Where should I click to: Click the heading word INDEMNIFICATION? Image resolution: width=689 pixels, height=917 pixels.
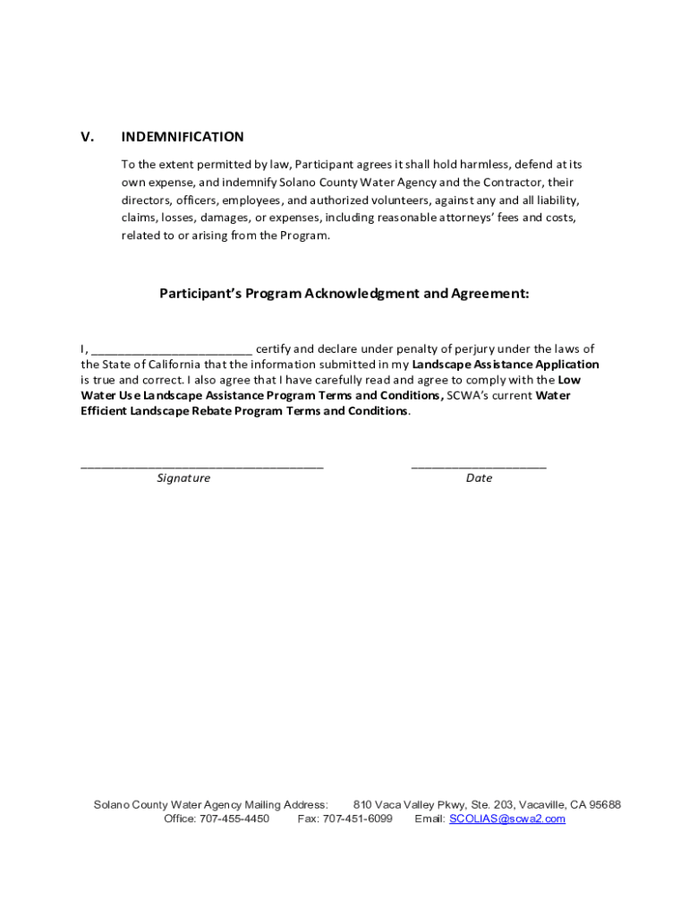(x=183, y=137)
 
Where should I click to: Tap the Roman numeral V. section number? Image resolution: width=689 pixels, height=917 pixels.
(x=88, y=137)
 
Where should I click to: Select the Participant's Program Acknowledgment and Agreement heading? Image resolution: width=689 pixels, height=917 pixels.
(x=344, y=293)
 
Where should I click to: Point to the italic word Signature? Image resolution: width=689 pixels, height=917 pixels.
(x=183, y=478)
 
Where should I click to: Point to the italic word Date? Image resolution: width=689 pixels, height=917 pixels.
(x=479, y=478)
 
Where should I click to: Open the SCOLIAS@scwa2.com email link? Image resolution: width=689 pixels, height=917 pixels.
(x=507, y=818)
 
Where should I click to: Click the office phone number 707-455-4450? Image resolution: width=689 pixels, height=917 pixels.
(x=234, y=818)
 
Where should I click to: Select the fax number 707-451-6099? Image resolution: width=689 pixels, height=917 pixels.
(x=357, y=818)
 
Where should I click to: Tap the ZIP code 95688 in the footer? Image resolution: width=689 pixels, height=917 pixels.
(x=604, y=805)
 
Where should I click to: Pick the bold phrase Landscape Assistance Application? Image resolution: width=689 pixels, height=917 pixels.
(x=506, y=364)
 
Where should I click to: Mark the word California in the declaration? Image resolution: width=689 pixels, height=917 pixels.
(x=164, y=364)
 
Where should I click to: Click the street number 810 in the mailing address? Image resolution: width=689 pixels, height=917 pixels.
(x=363, y=805)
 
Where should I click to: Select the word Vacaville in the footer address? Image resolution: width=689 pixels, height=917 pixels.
(x=536, y=805)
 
